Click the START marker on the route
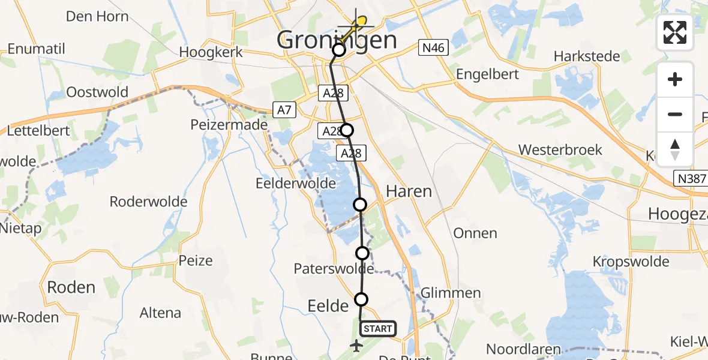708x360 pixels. point(378,328)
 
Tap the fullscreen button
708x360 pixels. point(675,32)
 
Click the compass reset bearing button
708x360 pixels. point(675,149)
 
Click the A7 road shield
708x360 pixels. point(284,110)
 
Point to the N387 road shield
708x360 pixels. point(691,178)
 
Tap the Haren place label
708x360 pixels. point(409,191)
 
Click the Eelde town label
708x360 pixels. point(328,306)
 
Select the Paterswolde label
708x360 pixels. point(334,268)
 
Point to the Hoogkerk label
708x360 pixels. point(211,52)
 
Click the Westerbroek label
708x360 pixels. point(560,149)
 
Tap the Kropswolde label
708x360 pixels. point(631,262)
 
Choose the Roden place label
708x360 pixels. point(71,287)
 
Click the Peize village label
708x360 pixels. point(196,260)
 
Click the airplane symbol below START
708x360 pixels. point(357,346)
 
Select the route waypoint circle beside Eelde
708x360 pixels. point(361,299)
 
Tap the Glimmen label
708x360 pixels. point(451,293)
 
